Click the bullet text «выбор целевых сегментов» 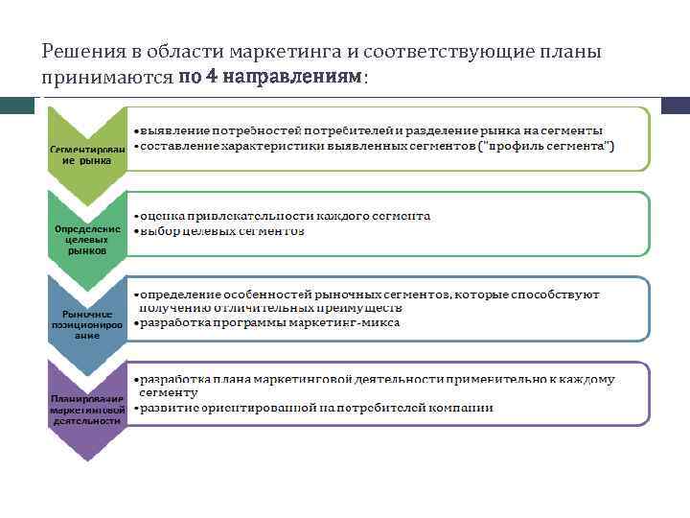coord(222,231)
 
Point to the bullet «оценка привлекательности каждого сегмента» coord(285,216)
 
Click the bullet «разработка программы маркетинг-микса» coord(269,323)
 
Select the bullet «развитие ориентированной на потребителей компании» coord(316,408)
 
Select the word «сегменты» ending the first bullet coord(572,129)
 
